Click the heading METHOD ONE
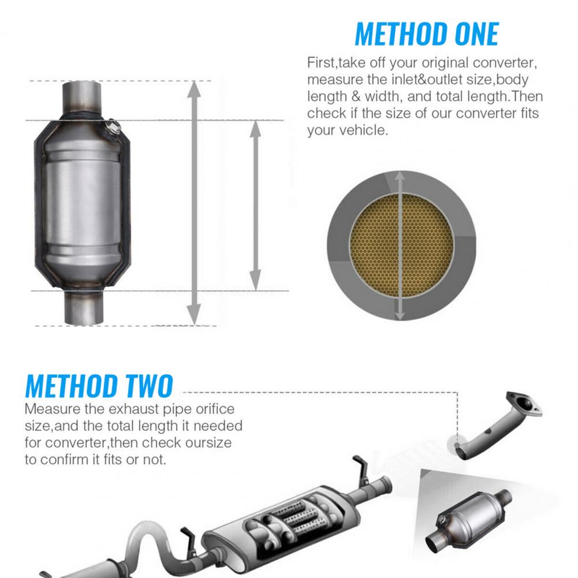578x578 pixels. click(426, 34)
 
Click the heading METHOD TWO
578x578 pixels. click(99, 386)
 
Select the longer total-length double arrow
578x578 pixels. click(195, 202)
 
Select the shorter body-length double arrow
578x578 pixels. click(255, 206)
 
